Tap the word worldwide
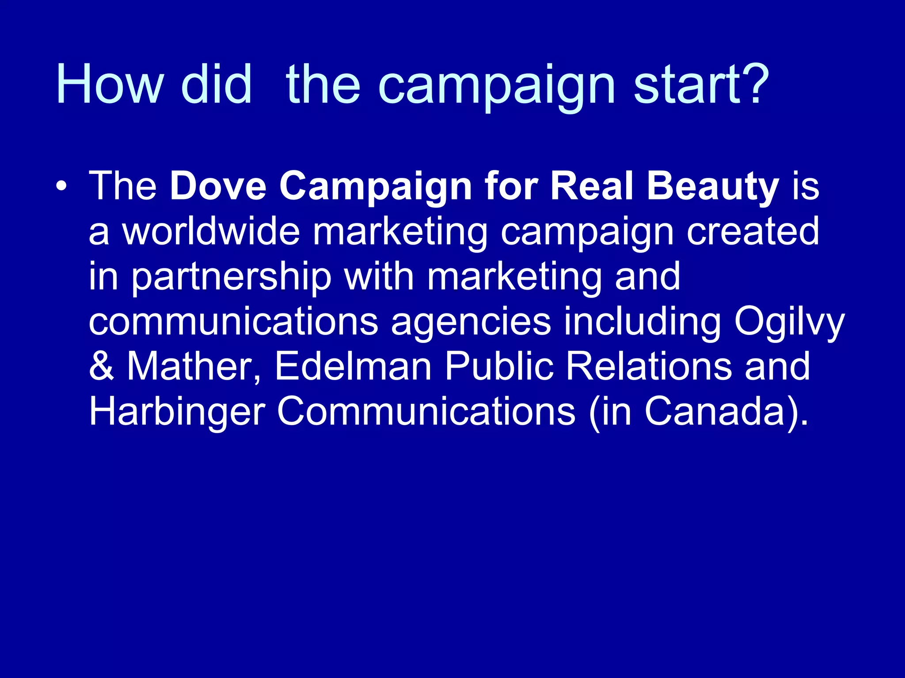point(211,231)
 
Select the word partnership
point(232,277)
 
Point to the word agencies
point(471,322)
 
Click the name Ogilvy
point(789,322)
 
